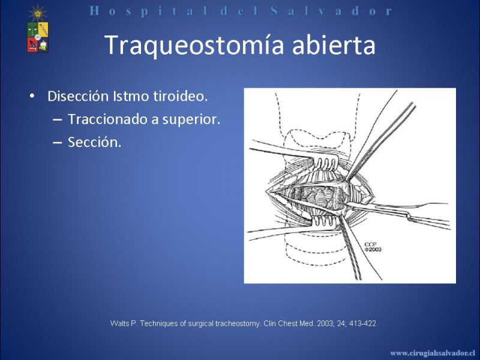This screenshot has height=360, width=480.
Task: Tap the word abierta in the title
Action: (x=334, y=44)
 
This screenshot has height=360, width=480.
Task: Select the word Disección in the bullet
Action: (x=78, y=96)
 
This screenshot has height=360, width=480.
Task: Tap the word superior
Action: (x=191, y=119)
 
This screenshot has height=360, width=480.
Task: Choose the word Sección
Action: (x=95, y=142)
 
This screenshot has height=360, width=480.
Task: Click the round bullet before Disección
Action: (x=32, y=96)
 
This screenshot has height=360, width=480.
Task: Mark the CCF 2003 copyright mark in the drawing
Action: (x=373, y=247)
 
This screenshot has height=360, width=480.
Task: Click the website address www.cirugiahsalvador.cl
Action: (x=432, y=353)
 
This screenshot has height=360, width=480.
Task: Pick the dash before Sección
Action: (x=57, y=143)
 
